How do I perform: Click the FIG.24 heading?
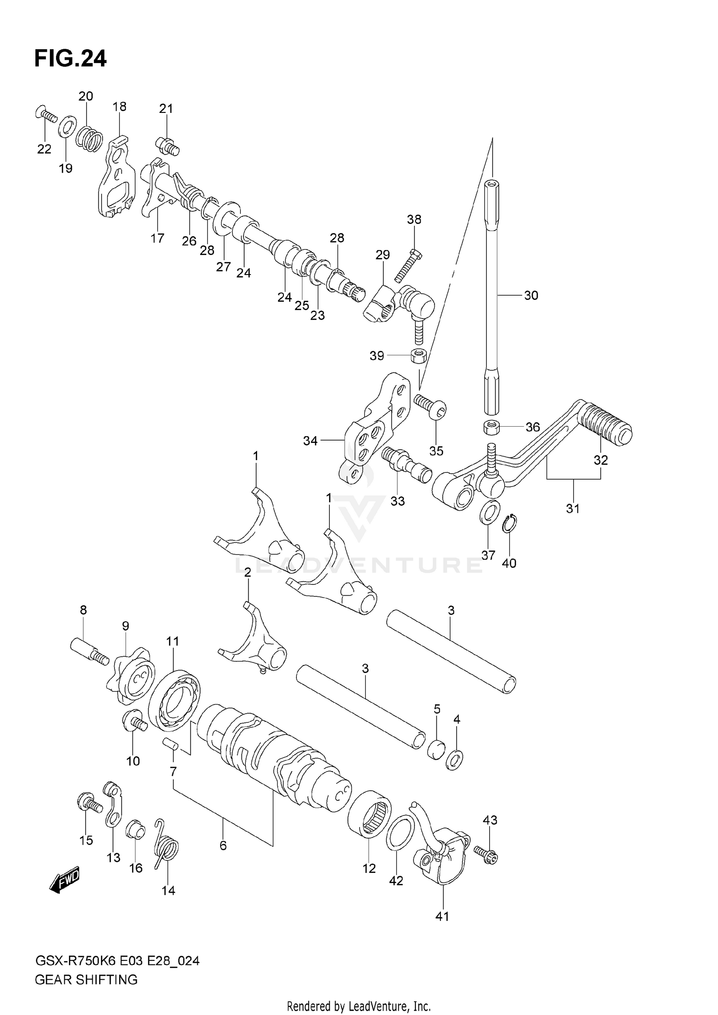tap(70, 59)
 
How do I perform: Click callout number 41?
tap(442, 916)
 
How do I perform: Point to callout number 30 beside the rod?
tap(531, 296)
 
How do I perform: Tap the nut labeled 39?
tap(419, 356)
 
